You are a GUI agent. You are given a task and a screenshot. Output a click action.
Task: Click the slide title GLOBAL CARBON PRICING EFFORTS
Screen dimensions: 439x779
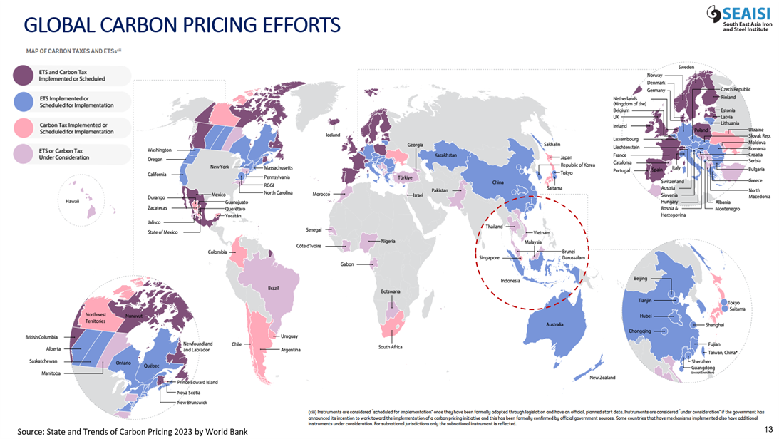(182, 26)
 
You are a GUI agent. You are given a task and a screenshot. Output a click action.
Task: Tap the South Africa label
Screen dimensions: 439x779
(391, 347)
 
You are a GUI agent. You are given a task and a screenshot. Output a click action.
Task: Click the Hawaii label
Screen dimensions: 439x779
(72, 201)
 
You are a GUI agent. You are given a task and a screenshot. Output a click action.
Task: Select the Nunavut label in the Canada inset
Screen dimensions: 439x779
(135, 315)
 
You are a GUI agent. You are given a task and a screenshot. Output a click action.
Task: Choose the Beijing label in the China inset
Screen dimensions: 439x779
(640, 278)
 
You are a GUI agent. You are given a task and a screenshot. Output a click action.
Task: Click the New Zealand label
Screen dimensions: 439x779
(602, 378)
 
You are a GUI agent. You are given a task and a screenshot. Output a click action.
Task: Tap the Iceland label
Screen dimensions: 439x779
(333, 135)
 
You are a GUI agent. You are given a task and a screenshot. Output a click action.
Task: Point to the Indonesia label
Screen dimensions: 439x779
(510, 281)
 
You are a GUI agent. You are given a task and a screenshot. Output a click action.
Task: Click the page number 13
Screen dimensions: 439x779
(768, 429)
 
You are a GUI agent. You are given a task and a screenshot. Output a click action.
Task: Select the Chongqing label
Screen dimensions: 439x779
(639, 330)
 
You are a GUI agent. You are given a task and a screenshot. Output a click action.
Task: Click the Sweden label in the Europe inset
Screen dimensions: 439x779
(686, 67)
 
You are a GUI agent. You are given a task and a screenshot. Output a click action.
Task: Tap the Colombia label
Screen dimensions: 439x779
(217, 252)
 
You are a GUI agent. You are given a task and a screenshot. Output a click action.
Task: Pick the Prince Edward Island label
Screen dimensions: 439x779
(197, 383)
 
